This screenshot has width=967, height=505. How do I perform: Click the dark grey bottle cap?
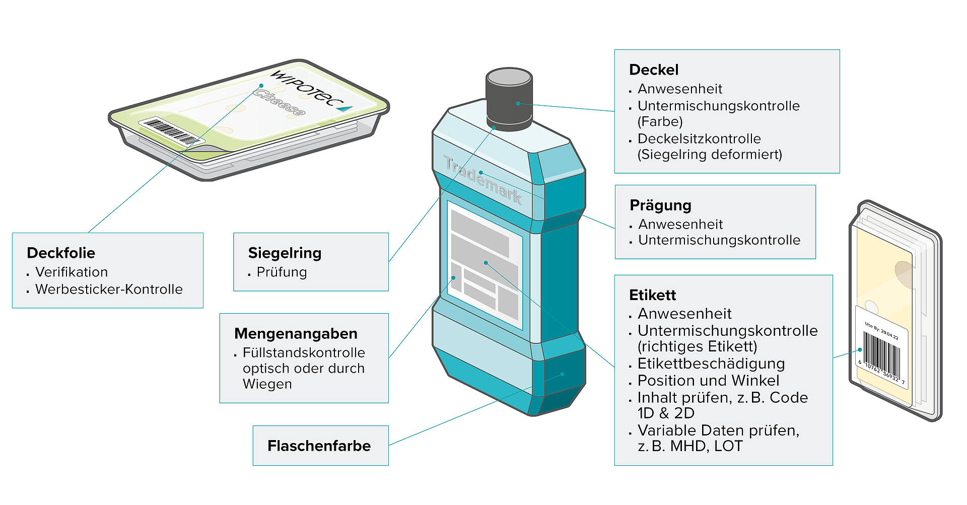click(x=509, y=99)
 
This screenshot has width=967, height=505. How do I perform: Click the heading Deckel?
click(x=654, y=70)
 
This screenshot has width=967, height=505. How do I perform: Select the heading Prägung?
click(x=660, y=206)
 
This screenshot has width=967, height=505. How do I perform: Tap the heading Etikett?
click(x=653, y=295)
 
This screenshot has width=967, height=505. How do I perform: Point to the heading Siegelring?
click(x=285, y=253)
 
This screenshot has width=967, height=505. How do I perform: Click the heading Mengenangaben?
click(x=296, y=334)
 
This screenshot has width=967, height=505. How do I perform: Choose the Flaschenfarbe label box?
click(x=320, y=446)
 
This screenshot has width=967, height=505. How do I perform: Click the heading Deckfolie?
click(x=61, y=253)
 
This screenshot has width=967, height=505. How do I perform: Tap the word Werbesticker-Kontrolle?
click(x=109, y=290)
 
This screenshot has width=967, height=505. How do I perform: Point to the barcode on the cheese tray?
click(x=172, y=131)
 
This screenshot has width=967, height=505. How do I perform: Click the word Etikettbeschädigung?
click(x=711, y=364)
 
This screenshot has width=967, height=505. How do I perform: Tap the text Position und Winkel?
click(x=708, y=381)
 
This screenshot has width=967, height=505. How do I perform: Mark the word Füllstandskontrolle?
click(x=304, y=352)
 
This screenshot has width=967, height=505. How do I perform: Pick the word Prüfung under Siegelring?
click(x=282, y=272)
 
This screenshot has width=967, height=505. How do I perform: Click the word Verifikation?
click(x=72, y=272)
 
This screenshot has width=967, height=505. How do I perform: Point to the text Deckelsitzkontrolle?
click(x=699, y=139)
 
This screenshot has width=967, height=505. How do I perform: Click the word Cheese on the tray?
click(x=280, y=103)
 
